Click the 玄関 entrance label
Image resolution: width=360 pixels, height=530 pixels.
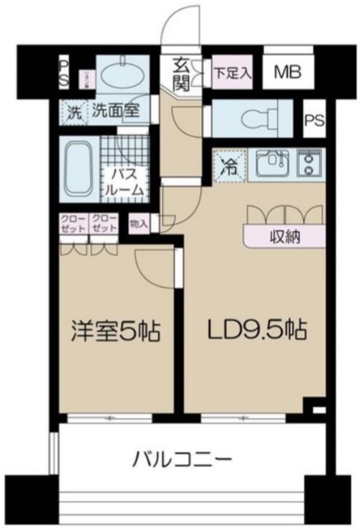181,73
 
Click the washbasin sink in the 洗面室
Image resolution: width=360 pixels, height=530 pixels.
122,69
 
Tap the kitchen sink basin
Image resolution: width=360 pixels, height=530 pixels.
270,165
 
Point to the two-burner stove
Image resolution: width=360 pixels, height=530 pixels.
310,164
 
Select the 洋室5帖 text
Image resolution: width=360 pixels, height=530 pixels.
116,332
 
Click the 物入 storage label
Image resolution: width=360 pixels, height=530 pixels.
140,224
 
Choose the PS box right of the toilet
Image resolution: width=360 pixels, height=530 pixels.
314,120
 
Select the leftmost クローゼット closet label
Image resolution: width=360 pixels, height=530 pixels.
71,222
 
